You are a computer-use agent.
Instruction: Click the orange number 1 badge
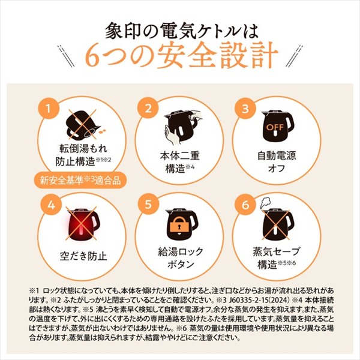click(x=49, y=108)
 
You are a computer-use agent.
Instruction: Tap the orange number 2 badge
click(x=148, y=108)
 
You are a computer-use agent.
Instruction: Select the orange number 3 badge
click(x=245, y=108)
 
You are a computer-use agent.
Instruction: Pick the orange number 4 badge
click(x=51, y=205)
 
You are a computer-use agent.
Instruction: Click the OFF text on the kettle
click(x=275, y=127)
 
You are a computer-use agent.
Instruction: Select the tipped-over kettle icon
click(x=83, y=125)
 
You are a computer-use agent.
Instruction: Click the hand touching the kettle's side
click(x=171, y=136)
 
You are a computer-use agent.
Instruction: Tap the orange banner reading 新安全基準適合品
click(x=80, y=180)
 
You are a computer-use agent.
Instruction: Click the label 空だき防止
click(x=83, y=256)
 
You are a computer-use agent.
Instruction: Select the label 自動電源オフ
click(x=277, y=161)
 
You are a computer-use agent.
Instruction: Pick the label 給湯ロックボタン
click(x=181, y=257)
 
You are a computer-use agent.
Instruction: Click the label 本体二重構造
click(x=180, y=162)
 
